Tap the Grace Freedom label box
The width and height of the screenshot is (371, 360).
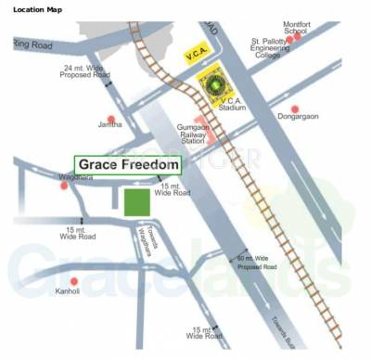(127, 165)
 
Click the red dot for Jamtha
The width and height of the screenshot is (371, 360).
(111, 120)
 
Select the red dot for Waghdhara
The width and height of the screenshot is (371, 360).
(64, 186)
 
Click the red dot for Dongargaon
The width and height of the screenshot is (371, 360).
(294, 109)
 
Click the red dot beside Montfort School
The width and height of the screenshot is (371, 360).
(289, 39)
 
